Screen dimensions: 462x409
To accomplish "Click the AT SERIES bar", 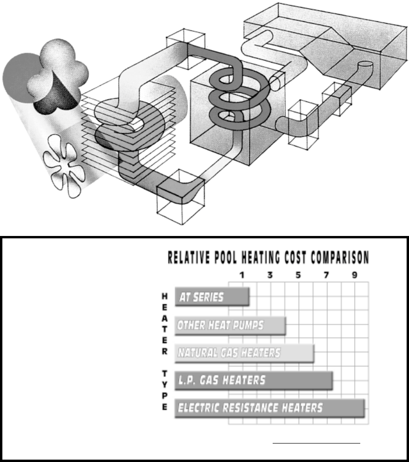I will [x=212, y=297].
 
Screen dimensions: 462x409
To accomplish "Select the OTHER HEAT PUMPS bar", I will [x=230, y=326].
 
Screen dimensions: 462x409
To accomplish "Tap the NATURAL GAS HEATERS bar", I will [x=244, y=353].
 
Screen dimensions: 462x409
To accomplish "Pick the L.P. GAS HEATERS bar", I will [x=254, y=380].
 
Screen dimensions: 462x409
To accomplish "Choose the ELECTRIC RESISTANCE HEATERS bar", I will [x=270, y=408].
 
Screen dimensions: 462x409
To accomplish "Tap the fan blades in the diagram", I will [x=65, y=168].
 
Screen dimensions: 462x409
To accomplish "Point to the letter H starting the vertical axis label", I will [x=164, y=296].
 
